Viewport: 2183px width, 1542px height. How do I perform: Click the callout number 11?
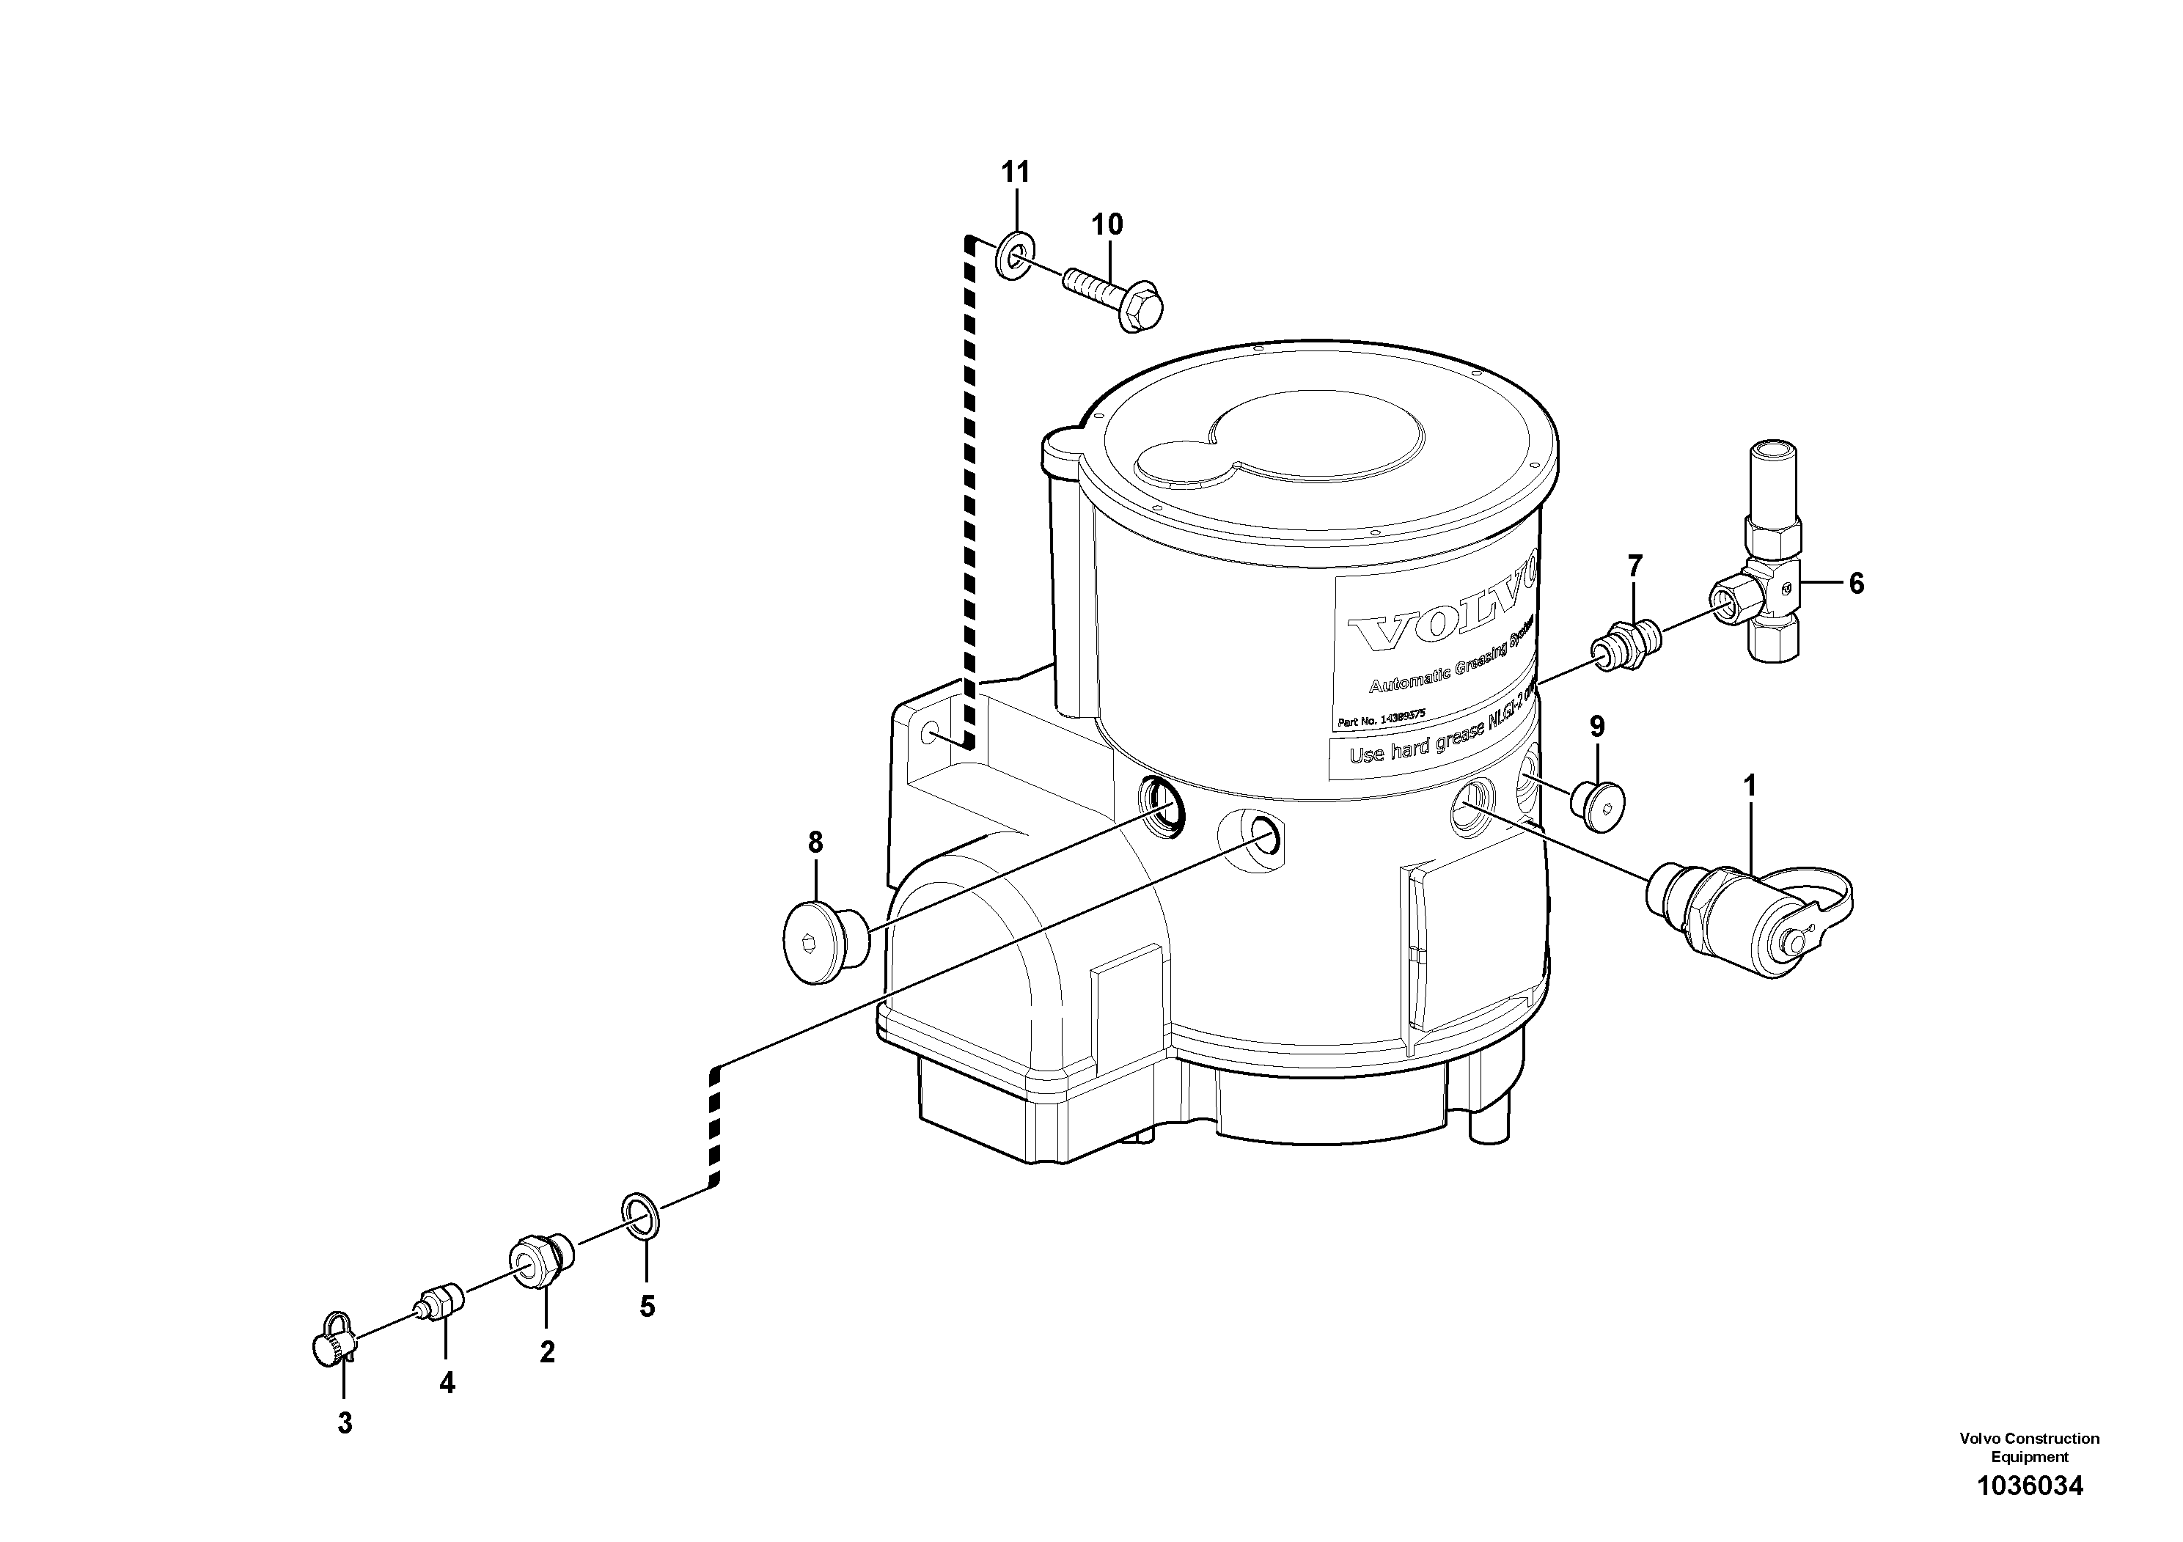tap(1016, 172)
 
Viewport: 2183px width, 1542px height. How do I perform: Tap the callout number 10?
tap(1107, 224)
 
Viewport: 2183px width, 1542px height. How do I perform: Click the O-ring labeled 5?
tap(641, 1217)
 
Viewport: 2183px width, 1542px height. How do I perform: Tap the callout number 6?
tap(1856, 584)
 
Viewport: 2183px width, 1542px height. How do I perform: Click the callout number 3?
tap(344, 1423)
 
